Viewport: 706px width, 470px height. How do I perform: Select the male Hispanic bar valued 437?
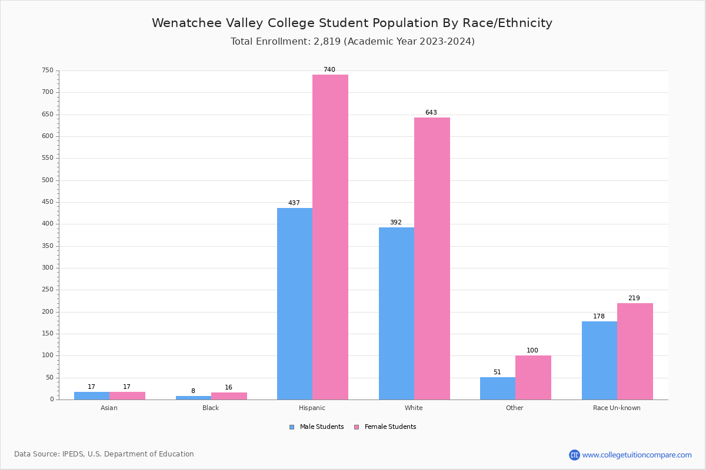pos(295,303)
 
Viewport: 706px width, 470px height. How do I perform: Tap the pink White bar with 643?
pos(432,258)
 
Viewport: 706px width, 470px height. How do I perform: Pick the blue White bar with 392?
pos(397,313)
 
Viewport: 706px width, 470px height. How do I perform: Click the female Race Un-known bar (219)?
pos(635,351)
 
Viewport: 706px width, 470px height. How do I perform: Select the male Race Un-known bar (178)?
pos(600,360)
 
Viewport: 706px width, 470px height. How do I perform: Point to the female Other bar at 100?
pos(533,377)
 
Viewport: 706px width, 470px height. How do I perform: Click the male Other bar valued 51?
pos(498,388)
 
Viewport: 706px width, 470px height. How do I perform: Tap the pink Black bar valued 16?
pos(229,396)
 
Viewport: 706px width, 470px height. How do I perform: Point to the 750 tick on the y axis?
pos(48,70)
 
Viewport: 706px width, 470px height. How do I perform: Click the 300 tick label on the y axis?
pos(48,268)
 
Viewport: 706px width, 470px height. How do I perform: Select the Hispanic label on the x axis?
pos(312,408)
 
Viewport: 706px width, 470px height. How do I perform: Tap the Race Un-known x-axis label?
pos(617,408)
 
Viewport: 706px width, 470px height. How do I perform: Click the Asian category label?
pos(109,408)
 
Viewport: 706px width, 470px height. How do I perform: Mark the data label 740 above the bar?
pos(329,69)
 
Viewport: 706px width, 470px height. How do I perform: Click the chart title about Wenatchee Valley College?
pos(352,23)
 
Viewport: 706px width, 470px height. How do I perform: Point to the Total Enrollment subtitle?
pos(352,42)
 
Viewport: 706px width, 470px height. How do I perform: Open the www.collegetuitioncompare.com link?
pos(637,455)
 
